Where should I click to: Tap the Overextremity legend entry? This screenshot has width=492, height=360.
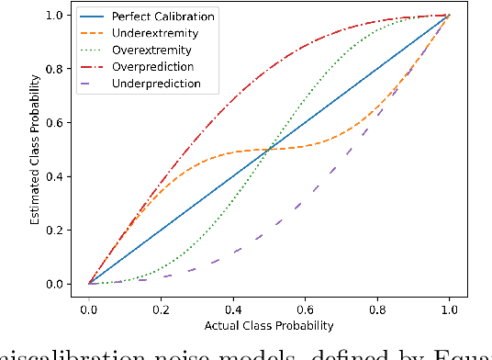click(x=148, y=51)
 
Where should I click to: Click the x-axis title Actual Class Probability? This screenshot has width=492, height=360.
click(x=268, y=324)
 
